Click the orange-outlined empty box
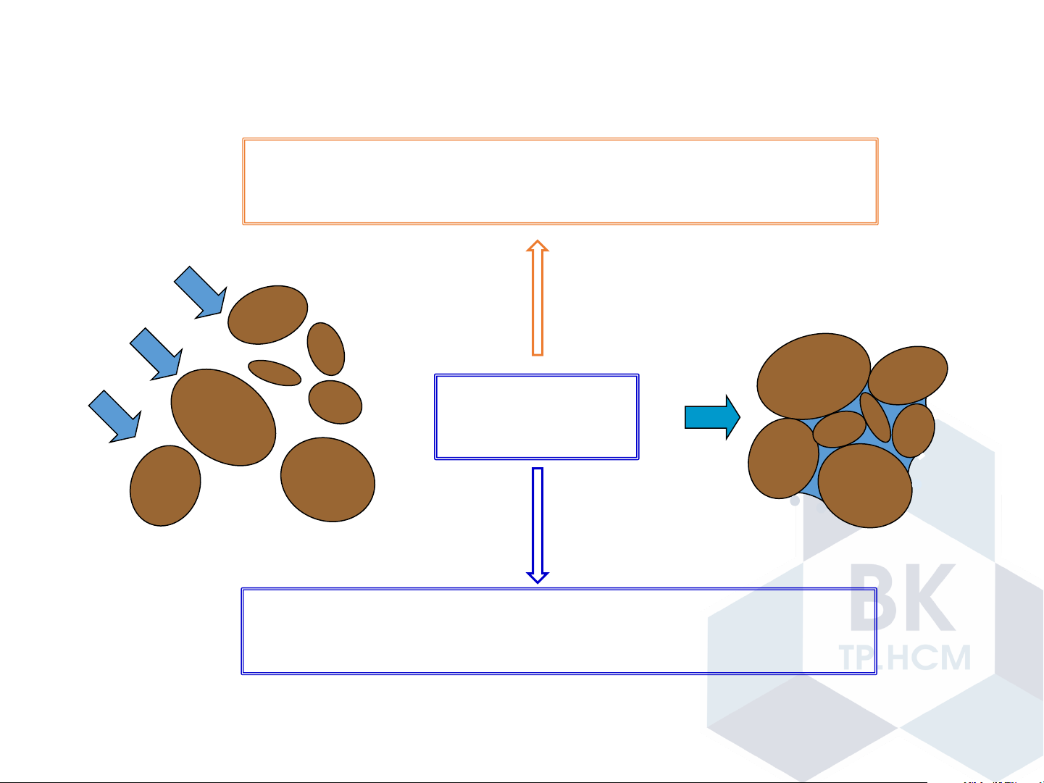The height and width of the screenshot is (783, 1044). click(x=560, y=181)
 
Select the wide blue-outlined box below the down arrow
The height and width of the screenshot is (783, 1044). click(x=559, y=631)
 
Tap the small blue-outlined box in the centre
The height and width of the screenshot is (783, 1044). click(x=536, y=416)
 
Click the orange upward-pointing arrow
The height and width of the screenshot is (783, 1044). click(x=537, y=298)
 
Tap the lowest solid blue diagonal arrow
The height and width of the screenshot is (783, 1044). click(x=114, y=416)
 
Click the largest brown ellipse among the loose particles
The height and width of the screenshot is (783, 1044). click(x=223, y=417)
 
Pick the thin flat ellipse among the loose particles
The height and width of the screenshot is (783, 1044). click(x=275, y=372)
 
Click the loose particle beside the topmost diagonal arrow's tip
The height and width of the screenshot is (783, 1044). click(x=267, y=315)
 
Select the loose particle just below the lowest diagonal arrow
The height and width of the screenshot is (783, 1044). click(x=165, y=485)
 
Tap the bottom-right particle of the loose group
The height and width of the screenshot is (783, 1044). click(x=327, y=479)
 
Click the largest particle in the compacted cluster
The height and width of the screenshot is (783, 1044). click(x=813, y=376)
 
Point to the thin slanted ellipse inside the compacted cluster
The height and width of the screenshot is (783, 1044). click(x=875, y=417)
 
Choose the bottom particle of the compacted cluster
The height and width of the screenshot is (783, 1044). click(x=865, y=485)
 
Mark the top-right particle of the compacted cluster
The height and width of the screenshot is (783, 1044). click(x=908, y=374)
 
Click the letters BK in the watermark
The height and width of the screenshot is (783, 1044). click(x=903, y=597)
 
